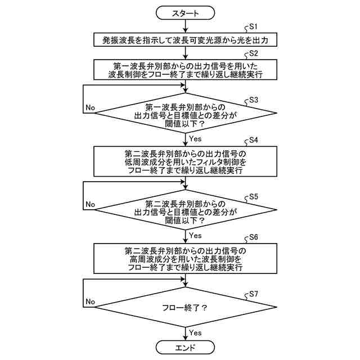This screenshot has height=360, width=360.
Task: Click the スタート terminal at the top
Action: click(185, 12)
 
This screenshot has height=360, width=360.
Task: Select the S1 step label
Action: click(253, 26)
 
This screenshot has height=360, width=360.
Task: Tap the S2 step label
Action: click(253, 53)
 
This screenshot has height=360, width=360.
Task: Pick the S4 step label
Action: click(253, 140)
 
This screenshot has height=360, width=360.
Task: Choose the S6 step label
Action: click(253, 237)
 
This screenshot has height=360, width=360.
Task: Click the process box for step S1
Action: click(185, 39)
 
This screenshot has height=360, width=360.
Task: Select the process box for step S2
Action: click(185, 69)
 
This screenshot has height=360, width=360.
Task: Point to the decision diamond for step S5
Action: click(185, 212)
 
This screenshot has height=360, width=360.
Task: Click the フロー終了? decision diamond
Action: click(185, 308)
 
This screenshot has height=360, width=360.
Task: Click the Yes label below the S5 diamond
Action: click(196, 235)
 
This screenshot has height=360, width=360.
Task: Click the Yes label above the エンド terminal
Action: click(196, 332)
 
